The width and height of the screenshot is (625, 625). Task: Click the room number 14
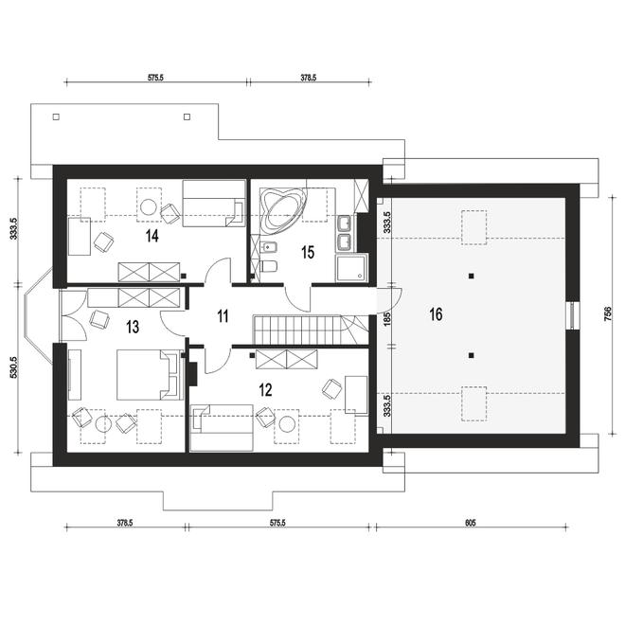pos(152,236)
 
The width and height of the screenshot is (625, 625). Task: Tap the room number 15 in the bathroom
pos(308,252)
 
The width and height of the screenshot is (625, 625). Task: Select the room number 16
pos(436,314)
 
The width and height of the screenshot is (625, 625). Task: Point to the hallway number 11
pos(223,316)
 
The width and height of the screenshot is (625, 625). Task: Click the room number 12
pos(265,390)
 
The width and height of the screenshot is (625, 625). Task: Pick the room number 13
pos(133,328)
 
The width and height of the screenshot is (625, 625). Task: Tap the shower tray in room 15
pos(350,268)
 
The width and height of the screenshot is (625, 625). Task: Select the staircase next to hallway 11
pos(312,330)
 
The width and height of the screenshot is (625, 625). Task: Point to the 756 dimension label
pos(608,315)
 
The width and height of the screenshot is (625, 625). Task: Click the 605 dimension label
pos(471,523)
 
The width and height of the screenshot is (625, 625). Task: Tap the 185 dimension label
pos(385,319)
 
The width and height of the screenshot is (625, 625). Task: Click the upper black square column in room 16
pos(472,276)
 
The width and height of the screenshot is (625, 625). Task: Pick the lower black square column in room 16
pos(472,355)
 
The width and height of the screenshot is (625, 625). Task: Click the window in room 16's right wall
pos(572,315)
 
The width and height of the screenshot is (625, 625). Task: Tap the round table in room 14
pos(149,206)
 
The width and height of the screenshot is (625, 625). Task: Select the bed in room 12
pos(222,428)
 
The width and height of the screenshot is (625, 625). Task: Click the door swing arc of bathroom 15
pos(295,304)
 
